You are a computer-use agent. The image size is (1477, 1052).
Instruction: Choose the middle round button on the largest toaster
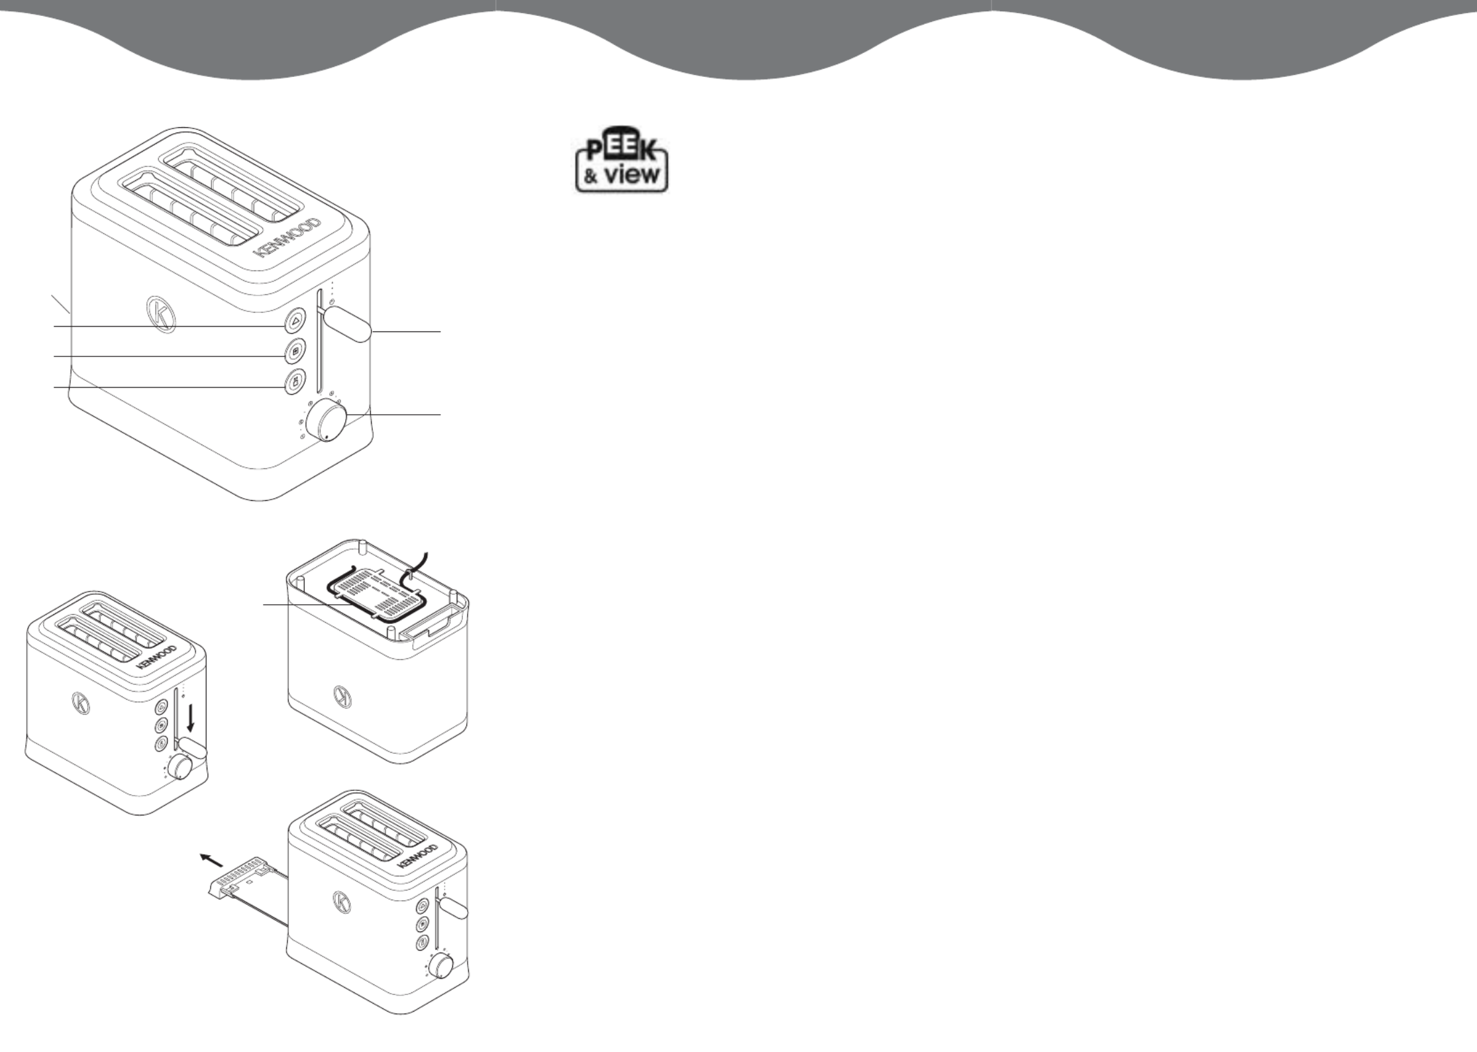tap(295, 351)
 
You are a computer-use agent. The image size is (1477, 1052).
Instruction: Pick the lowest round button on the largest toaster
tap(295, 382)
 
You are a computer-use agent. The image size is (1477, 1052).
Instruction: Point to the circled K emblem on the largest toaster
tap(160, 313)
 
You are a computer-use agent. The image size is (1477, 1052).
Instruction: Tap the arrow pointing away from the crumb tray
tap(211, 860)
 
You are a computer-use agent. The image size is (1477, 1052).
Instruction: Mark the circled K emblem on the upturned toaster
tap(342, 697)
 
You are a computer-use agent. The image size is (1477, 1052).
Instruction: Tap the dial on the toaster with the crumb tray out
tap(440, 967)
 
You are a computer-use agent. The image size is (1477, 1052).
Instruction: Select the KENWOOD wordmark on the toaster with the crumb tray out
tap(418, 855)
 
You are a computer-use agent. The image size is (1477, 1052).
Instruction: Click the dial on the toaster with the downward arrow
tap(179, 767)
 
